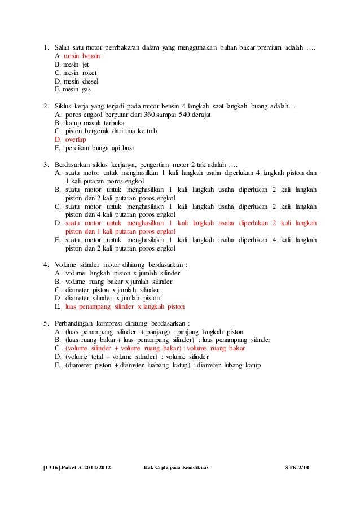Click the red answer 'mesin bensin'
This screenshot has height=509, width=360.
click(82, 57)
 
